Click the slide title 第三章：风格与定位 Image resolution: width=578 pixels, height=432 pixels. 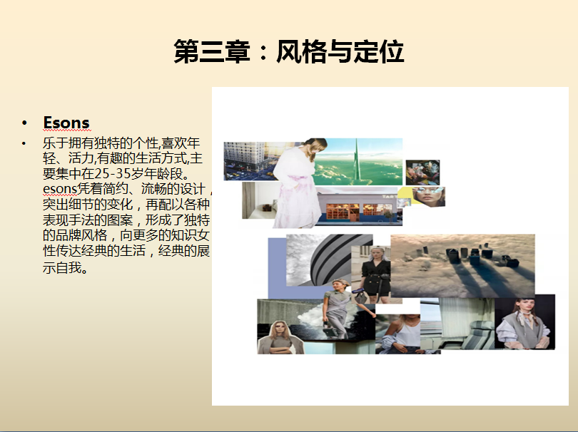coord(288,51)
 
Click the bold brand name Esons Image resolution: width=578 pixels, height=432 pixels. coord(66,123)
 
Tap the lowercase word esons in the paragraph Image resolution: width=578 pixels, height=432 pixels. coord(60,189)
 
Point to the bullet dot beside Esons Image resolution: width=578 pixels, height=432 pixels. coord(24,123)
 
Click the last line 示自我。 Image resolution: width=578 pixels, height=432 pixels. coord(66,267)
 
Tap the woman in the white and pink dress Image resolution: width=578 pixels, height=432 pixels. coord(298,183)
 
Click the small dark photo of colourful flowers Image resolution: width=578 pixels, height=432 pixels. coord(423,173)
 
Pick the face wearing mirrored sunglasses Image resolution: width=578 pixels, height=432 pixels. coord(428,196)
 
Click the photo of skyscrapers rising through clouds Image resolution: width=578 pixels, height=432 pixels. coord(462,265)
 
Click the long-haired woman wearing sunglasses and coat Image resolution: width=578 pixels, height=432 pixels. coord(280,338)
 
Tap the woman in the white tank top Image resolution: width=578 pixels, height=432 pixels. coord(401,334)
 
